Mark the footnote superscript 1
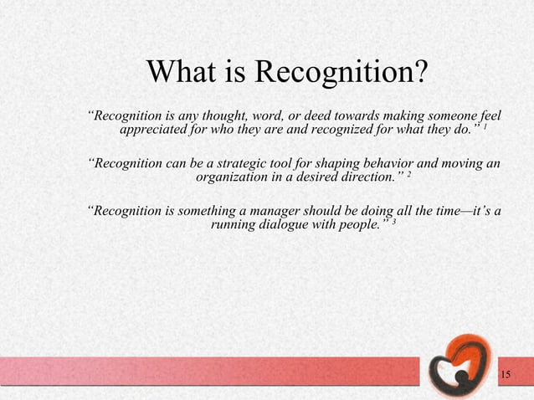pyautogui.click(x=485, y=128)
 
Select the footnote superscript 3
pyautogui.click(x=394, y=222)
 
